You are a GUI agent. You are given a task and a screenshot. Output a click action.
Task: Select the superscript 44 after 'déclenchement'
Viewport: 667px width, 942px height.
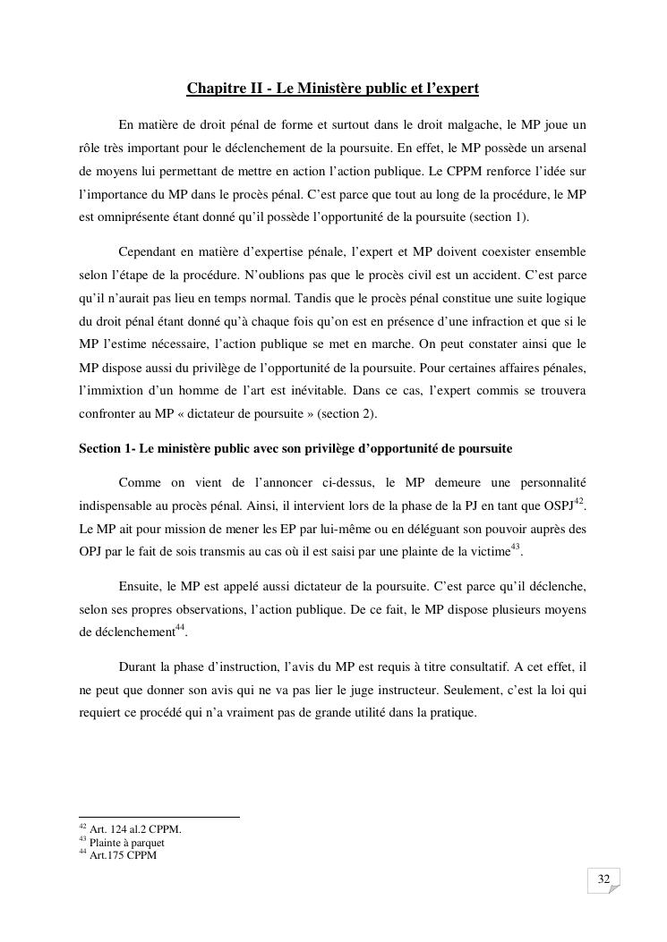[179, 627]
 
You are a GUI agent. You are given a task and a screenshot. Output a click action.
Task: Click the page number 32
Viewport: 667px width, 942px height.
[603, 880]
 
